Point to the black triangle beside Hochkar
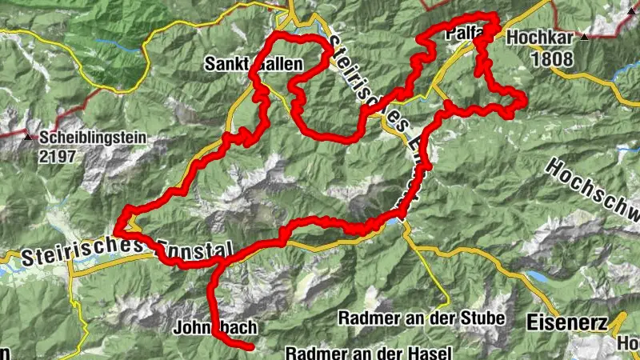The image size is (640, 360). pos(586,37)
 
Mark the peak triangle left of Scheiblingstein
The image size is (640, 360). pos(29,138)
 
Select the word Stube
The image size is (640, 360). pos(482,318)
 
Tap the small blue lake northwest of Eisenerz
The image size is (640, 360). pos(534,278)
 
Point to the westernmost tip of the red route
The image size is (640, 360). pos(116,230)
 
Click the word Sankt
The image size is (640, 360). pos(225,63)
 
